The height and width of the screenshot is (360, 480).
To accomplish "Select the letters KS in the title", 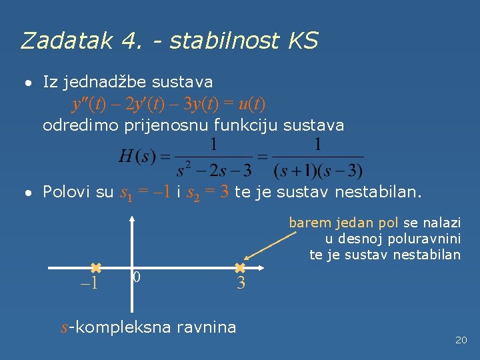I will [304, 41].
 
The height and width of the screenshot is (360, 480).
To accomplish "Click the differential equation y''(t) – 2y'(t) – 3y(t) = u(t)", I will [168, 104].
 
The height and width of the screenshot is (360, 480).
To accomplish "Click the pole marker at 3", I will [240, 267].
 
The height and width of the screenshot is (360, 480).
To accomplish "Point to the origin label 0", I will [137, 276].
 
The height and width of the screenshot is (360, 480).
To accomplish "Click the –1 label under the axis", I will [89, 283].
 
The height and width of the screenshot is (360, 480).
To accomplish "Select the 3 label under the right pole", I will [241, 283].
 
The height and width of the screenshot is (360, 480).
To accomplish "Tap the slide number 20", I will [461, 340].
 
